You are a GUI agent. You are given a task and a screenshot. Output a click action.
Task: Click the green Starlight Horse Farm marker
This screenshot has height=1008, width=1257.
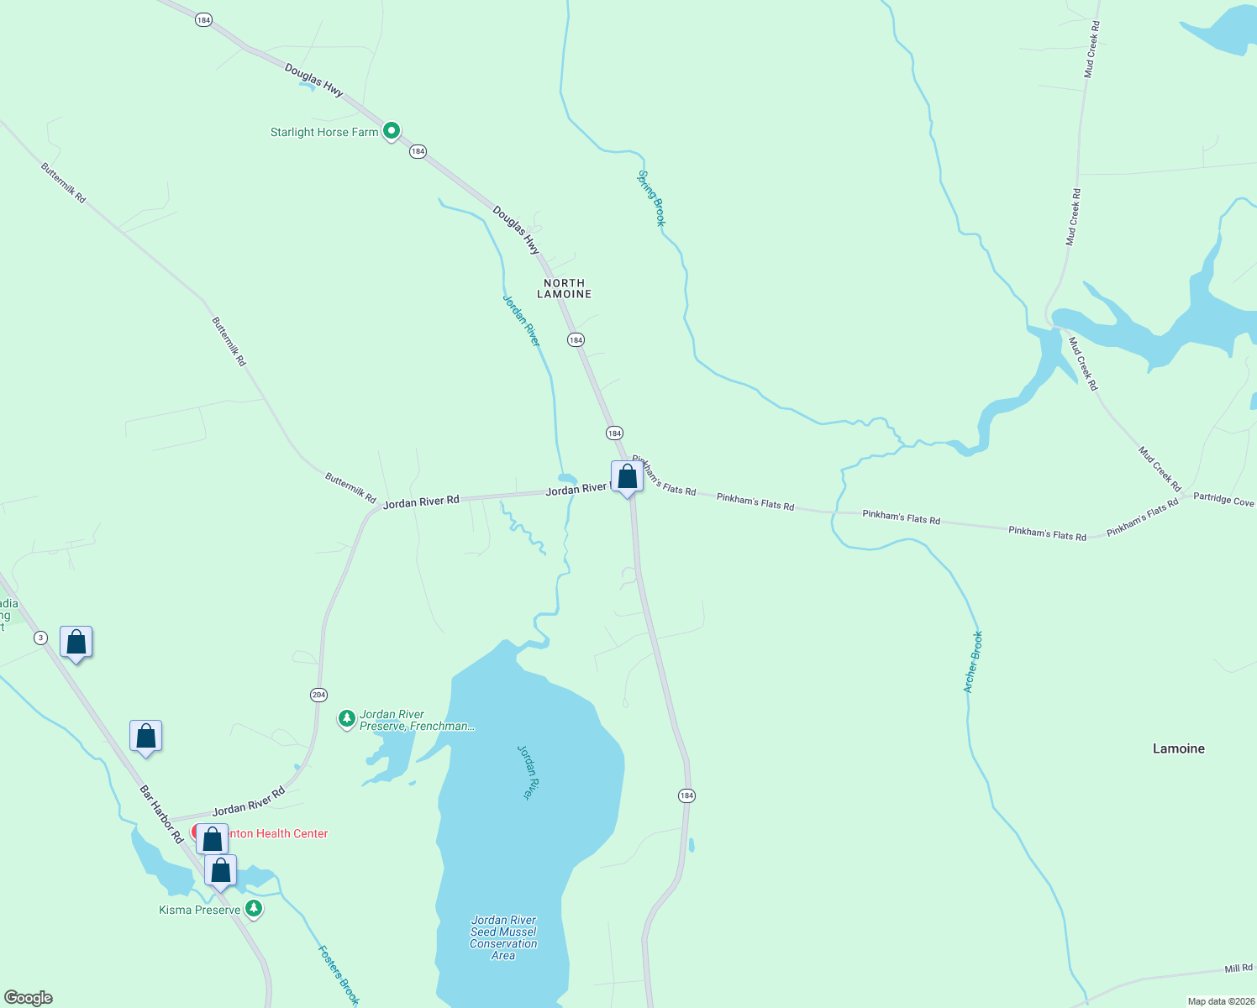coord(391,132)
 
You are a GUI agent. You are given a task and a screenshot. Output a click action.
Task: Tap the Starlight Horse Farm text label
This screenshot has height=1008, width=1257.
coord(324,132)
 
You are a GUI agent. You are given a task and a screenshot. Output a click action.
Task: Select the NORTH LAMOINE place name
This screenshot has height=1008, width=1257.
coord(565,288)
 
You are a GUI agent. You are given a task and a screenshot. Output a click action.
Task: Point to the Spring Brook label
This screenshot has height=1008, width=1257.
coord(651,198)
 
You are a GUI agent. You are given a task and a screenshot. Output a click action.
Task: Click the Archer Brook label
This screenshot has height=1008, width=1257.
coord(973,662)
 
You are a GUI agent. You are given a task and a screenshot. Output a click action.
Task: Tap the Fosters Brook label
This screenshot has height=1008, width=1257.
coord(339,974)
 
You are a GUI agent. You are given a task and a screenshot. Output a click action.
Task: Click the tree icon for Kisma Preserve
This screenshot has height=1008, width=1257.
coord(253,909)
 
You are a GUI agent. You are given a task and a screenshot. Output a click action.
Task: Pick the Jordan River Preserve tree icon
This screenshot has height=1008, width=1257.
coord(346,718)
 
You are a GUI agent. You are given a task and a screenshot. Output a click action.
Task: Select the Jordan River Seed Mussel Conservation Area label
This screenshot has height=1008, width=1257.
coord(503,937)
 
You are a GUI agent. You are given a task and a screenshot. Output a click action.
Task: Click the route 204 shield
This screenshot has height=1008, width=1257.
coord(318,695)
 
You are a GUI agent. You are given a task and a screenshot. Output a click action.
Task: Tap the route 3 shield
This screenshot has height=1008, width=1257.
coord(40,638)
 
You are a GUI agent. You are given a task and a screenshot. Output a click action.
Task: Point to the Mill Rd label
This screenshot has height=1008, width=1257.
coord(1238,969)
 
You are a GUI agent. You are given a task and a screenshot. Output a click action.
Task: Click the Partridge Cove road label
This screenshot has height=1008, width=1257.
coord(1223,499)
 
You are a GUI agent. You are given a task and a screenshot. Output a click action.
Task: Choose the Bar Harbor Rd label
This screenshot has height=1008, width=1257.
coord(161,814)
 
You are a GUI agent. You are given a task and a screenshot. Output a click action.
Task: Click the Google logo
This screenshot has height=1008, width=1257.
coord(29,998)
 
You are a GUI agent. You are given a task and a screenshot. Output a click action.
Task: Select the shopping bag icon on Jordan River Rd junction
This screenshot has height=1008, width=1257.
coord(627,477)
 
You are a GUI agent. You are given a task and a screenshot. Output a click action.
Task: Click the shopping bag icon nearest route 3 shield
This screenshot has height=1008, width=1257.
coord(76,643)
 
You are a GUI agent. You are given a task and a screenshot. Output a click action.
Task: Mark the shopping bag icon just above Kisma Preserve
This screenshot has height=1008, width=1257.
coord(220,871)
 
